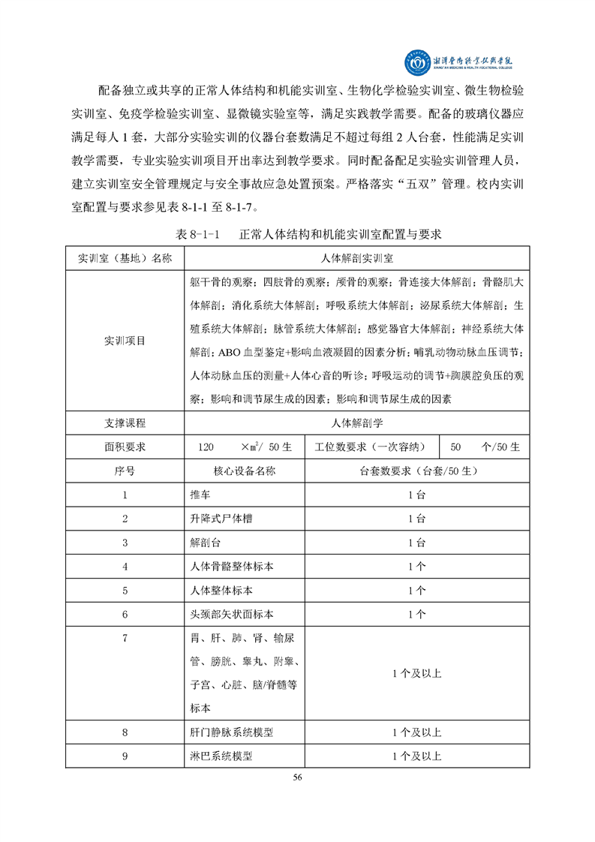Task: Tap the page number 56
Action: click(x=297, y=777)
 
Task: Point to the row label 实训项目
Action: click(x=125, y=340)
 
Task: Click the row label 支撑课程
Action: click(x=125, y=423)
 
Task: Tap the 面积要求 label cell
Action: click(x=125, y=447)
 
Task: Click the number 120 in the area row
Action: click(x=206, y=447)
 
